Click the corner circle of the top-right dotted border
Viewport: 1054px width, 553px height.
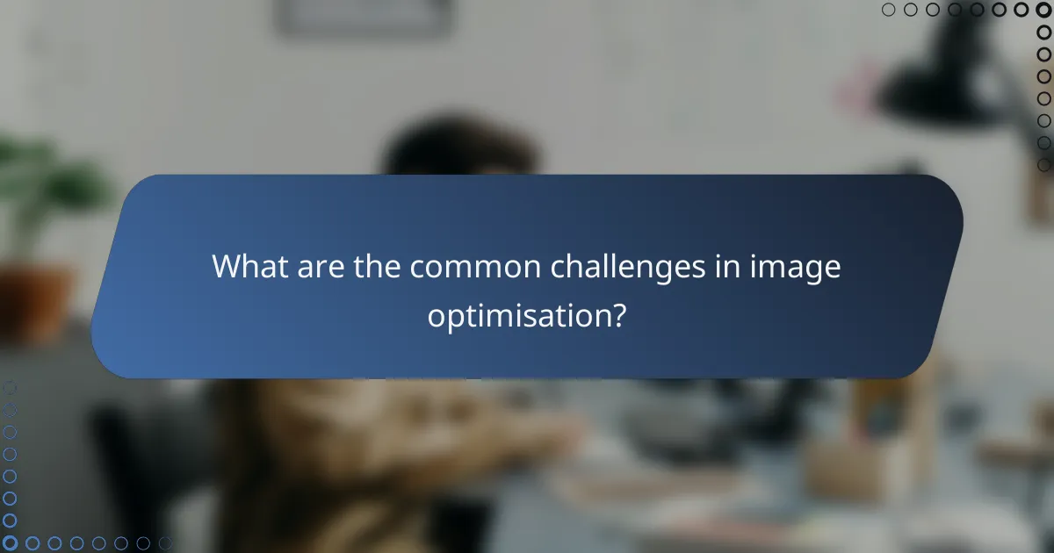coord(1044,10)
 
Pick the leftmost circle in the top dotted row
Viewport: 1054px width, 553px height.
coord(888,10)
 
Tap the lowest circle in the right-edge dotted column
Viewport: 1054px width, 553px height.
coord(1044,164)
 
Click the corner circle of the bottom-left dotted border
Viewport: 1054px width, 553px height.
coord(10,543)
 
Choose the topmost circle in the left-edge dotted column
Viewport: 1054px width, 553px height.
coord(10,387)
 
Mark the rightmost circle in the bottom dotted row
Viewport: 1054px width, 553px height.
coord(165,543)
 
